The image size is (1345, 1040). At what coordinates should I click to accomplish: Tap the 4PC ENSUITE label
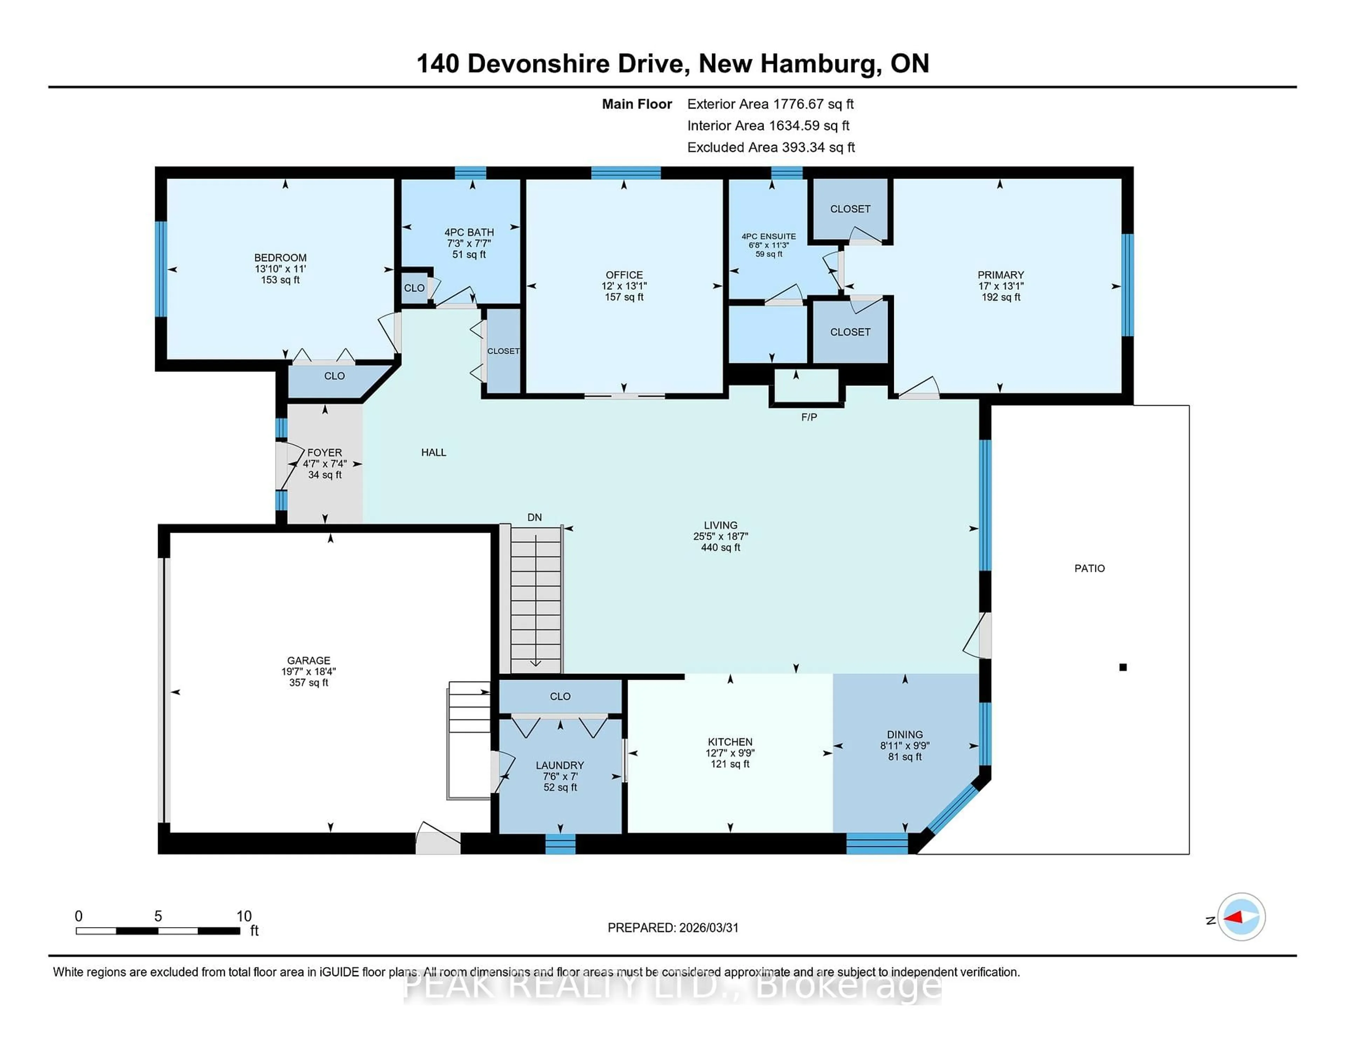pos(768,236)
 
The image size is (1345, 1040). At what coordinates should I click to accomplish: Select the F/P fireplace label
pos(809,417)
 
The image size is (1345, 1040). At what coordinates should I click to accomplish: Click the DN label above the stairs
pos(534,517)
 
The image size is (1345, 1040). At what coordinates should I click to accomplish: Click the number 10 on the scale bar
pos(244,916)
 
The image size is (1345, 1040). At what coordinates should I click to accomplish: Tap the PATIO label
pos(1089,568)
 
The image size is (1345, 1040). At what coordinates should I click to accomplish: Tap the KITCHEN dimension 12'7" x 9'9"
pos(730,753)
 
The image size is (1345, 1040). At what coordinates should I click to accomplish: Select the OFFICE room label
pos(624,275)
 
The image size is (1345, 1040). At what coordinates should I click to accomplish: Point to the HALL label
pos(434,452)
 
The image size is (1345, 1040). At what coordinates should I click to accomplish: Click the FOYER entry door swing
pos(284,466)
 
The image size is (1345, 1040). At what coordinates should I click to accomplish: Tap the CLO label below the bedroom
pos(334,376)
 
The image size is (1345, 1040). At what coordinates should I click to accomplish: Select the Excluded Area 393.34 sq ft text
pos(771,147)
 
